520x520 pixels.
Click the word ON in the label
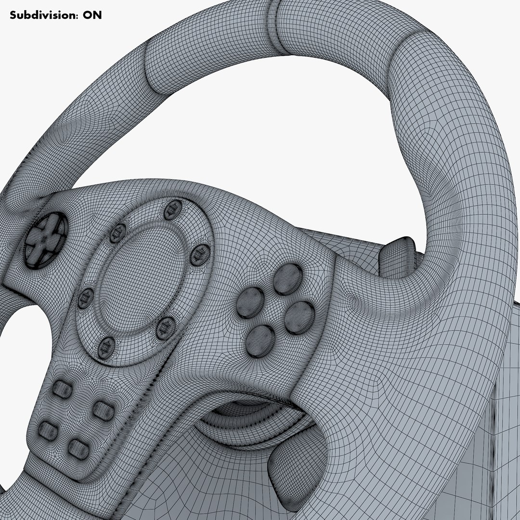92,15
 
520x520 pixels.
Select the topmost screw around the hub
172,209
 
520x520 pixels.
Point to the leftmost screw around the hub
85,298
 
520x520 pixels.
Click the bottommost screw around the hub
106,346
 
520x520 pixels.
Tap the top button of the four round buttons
287,279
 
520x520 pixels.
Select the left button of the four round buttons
250,303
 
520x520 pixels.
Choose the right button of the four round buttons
299,318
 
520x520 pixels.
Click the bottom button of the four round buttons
260,340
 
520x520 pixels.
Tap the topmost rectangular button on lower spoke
62,388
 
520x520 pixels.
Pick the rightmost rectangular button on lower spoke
103,410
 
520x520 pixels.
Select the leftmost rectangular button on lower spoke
48,430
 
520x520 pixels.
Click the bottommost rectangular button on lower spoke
78,449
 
